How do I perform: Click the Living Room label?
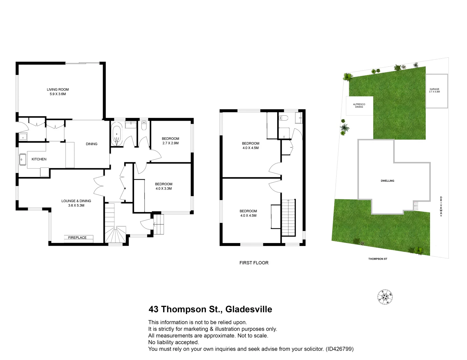pyautogui.click(x=58, y=92)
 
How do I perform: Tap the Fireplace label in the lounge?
pyautogui.click(x=77, y=238)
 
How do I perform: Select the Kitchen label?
pyautogui.click(x=39, y=159)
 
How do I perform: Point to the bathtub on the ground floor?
pyautogui.click(x=117, y=134)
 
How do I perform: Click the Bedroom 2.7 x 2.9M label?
pyautogui.click(x=170, y=141)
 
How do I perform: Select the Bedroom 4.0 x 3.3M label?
pyautogui.click(x=163, y=186)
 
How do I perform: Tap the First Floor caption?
pyautogui.click(x=254, y=263)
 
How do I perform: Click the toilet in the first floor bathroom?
pyautogui.click(x=284, y=118)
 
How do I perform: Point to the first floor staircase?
pyautogui.click(x=289, y=217)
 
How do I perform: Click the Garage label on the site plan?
pyautogui.click(x=434, y=90)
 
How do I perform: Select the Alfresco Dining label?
pyautogui.click(x=359, y=106)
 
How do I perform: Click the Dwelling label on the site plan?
pyautogui.click(x=387, y=181)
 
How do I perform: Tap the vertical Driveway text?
pyautogui.click(x=441, y=207)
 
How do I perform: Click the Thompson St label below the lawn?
pyautogui.click(x=378, y=259)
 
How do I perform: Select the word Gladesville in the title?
pyautogui.click(x=249, y=309)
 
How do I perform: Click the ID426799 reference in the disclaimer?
pyautogui.click(x=340, y=349)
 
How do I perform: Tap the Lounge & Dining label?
pyautogui.click(x=76, y=203)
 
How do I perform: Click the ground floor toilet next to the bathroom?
pyautogui.click(x=144, y=125)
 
